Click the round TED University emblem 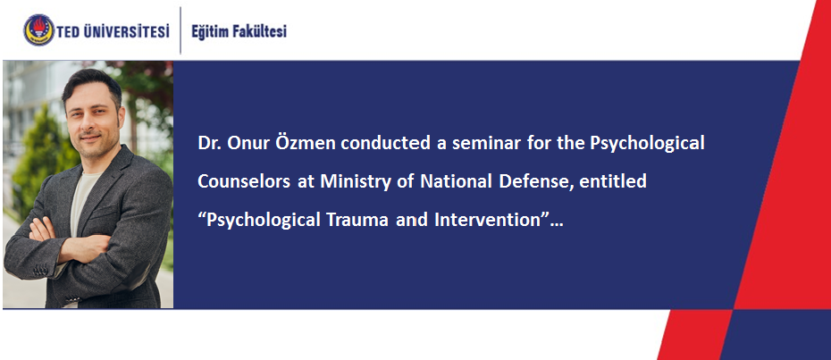pos(38,30)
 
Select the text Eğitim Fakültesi pos(239,32)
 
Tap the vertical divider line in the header pos(180,30)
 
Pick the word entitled pos(613,181)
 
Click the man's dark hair pos(92,84)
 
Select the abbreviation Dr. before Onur pos(210,143)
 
